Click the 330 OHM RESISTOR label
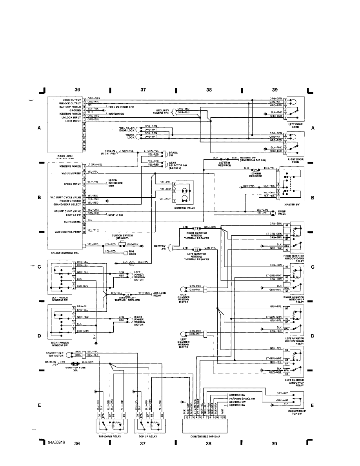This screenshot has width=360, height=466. (224, 165)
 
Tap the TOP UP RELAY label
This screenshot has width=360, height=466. (147, 436)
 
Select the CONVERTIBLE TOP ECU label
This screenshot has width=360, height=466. (205, 436)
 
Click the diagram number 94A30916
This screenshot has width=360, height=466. (56, 442)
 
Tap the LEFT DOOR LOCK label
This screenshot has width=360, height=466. (296, 126)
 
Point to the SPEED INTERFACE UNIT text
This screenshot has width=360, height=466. (115, 183)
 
